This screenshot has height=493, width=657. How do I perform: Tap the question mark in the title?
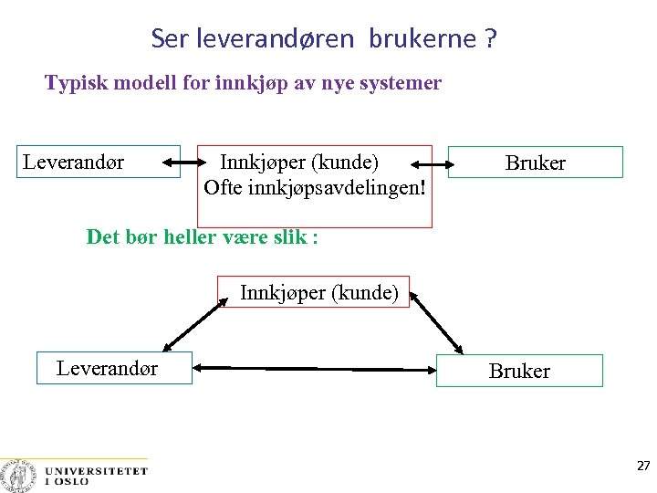pyautogui.click(x=491, y=38)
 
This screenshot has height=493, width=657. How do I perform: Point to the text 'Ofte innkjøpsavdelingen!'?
pyautogui.click(x=315, y=187)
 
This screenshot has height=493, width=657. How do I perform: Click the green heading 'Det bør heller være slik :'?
pyautogui.click(x=202, y=237)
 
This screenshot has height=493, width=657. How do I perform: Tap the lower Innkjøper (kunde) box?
pyautogui.click(x=318, y=292)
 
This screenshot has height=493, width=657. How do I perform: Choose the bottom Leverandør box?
pyautogui.click(x=114, y=368)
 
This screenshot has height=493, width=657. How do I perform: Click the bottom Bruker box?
pyautogui.click(x=519, y=371)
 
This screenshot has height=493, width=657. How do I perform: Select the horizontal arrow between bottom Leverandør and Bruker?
pyautogui.click(x=315, y=369)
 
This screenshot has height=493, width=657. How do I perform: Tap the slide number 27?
pyautogui.click(x=643, y=466)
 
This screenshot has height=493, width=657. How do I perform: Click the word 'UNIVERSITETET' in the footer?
pyautogui.click(x=96, y=471)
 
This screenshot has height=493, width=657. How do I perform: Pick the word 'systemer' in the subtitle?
pyautogui.click(x=402, y=83)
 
